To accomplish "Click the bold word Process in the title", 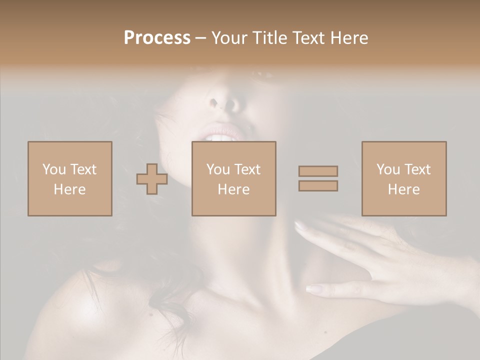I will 157,38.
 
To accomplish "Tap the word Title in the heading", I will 270,38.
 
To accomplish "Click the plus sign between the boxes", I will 152,178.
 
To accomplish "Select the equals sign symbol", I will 318,178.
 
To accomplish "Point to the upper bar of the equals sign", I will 318,171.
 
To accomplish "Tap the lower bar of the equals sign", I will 318,185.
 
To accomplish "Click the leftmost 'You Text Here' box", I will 69,178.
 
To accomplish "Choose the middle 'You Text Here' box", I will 233,178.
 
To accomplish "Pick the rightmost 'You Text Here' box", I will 403,178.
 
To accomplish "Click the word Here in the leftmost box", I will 69,189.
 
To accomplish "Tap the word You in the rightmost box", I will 388,169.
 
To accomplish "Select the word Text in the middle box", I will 247,169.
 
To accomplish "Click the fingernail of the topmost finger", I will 300,226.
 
